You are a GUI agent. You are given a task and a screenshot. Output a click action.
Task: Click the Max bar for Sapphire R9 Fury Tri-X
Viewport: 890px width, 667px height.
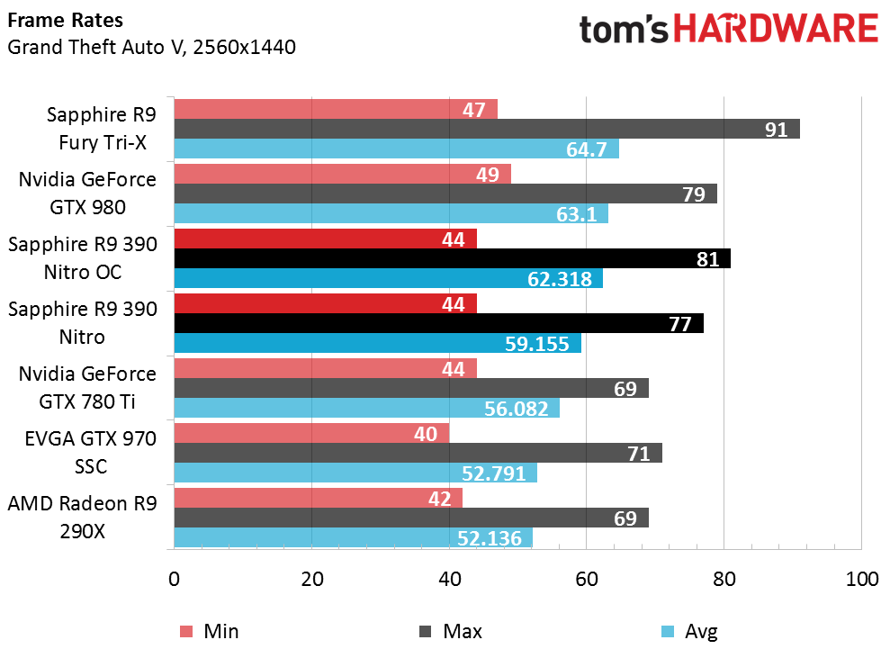point(487,129)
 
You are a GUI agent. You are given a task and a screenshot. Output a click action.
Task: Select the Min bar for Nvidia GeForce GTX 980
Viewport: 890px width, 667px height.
point(342,175)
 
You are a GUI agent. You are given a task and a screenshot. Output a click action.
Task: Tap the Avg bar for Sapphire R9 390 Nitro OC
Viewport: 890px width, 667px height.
point(388,278)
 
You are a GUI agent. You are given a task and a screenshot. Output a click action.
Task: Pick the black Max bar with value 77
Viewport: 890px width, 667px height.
point(439,323)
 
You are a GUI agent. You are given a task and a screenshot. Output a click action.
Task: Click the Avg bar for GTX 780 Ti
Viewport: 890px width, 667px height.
point(366,408)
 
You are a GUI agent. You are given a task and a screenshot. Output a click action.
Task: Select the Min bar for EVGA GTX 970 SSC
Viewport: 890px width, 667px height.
point(311,433)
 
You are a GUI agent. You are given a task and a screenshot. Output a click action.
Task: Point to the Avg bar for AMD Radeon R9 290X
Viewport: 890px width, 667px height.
point(353,537)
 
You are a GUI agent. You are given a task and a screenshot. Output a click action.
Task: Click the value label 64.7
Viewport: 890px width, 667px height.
point(587,149)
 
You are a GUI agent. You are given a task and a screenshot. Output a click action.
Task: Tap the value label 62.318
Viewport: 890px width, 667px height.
point(559,279)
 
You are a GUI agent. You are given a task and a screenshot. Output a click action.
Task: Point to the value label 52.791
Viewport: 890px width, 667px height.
point(493,473)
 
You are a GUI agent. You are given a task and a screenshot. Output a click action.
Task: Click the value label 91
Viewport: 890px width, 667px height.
point(776,130)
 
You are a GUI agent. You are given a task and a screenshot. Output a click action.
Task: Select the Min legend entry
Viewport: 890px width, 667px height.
point(209,631)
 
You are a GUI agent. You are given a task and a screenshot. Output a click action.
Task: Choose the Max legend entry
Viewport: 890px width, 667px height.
point(450,631)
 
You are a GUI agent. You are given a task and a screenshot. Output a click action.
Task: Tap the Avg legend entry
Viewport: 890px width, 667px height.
point(689,631)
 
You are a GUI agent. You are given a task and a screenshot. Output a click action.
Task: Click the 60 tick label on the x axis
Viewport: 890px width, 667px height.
point(587,579)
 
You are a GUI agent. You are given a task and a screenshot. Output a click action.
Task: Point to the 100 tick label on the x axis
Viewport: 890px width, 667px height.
point(861,579)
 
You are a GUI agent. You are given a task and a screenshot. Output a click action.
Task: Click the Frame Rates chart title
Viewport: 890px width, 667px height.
point(66,21)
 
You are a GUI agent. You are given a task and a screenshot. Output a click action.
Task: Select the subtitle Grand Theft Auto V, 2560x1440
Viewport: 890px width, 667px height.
point(151,47)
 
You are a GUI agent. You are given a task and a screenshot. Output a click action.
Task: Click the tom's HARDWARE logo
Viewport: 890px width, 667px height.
point(728,29)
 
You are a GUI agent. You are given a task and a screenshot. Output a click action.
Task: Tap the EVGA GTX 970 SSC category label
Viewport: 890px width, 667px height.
point(91,453)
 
